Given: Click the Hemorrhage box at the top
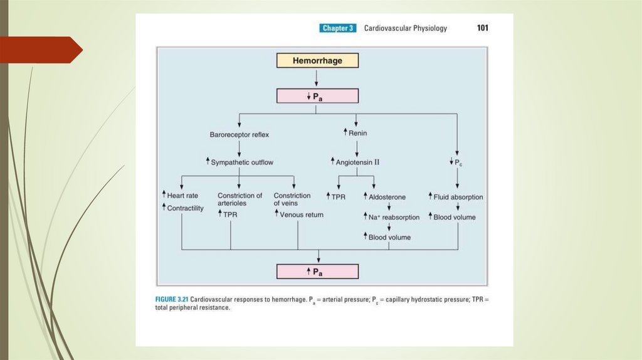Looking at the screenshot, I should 318,61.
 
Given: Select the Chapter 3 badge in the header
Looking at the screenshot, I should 338,28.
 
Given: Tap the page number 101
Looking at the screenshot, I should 482,28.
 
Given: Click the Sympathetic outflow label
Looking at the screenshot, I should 242,162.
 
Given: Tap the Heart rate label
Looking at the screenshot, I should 179,196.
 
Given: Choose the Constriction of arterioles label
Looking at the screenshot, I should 240,199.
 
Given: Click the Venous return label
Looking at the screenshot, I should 302,214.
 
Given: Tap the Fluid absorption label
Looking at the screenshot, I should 458,197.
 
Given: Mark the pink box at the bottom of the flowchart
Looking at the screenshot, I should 318,272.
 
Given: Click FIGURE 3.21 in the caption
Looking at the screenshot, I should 172,300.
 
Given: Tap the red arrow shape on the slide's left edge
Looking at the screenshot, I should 41,50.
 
